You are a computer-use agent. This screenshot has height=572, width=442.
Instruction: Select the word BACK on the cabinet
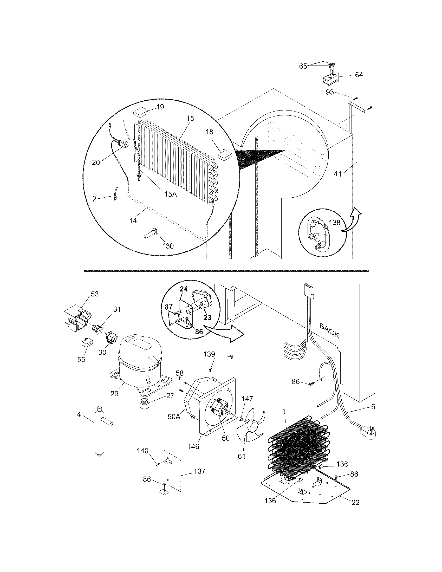(329, 330)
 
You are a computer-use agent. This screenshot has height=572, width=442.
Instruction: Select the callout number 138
(334, 223)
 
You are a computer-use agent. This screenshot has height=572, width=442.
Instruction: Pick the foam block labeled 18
(225, 155)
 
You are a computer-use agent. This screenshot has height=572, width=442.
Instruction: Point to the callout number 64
(359, 75)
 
